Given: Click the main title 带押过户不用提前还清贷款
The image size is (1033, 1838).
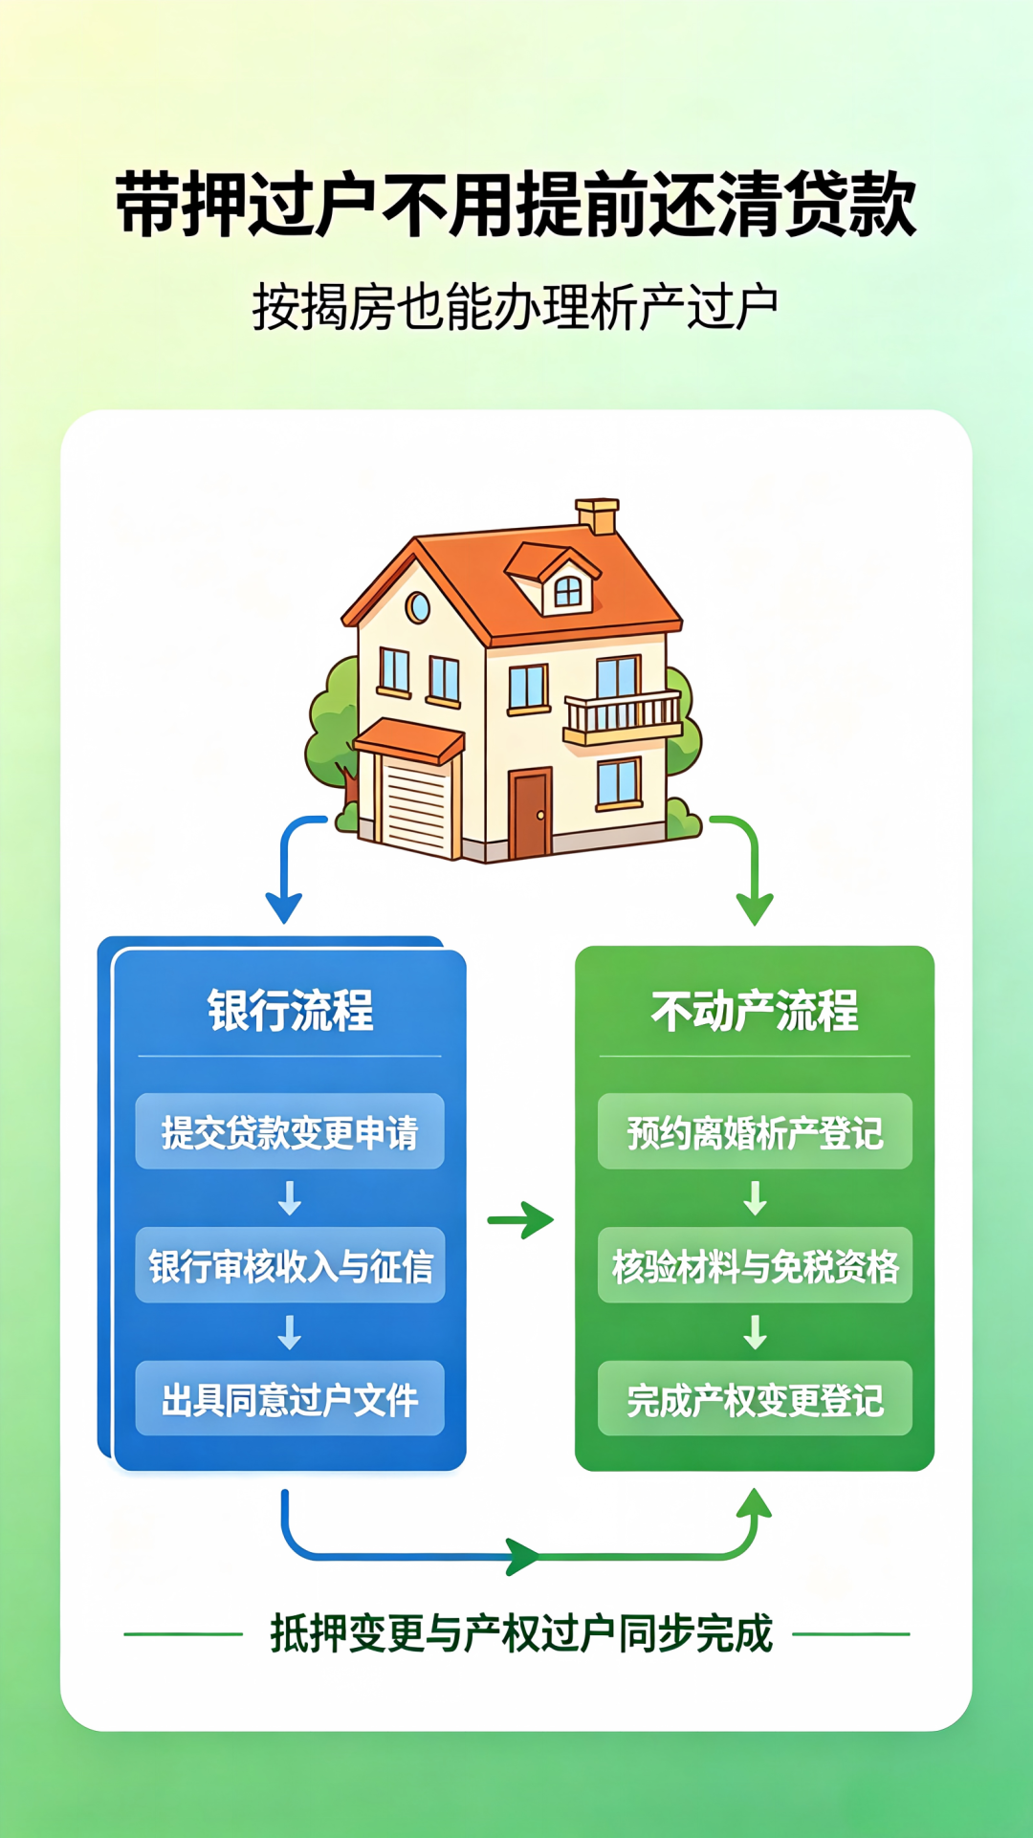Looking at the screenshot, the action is pyautogui.click(x=516, y=205).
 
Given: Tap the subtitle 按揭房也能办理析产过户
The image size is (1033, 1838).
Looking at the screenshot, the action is pyautogui.click(x=516, y=307).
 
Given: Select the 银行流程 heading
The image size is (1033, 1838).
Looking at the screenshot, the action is pyautogui.click(x=290, y=1011).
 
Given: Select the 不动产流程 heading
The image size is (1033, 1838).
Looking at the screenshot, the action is pyautogui.click(x=755, y=1011).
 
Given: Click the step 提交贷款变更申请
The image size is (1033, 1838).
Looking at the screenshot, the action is pyautogui.click(x=290, y=1131).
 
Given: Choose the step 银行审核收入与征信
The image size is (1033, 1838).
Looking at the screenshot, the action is pyautogui.click(x=290, y=1265).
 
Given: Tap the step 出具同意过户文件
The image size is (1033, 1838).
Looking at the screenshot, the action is pyautogui.click(x=290, y=1398).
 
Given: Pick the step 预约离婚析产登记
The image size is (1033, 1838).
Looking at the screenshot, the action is pyautogui.click(x=755, y=1131).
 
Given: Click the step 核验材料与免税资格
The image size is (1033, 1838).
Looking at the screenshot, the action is pyautogui.click(x=755, y=1265).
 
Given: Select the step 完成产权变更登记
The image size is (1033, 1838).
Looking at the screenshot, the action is pyautogui.click(x=755, y=1398).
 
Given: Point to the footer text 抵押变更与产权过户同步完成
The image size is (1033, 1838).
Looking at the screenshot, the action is pyautogui.click(x=520, y=1633).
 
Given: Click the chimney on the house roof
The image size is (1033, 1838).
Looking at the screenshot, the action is pyautogui.click(x=598, y=515).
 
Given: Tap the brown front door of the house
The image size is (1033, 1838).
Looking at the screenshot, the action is pyautogui.click(x=529, y=814).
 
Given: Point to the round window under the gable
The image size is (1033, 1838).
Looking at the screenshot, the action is pyautogui.click(x=417, y=607).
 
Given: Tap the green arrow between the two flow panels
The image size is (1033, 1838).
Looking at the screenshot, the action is pyautogui.click(x=520, y=1220).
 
